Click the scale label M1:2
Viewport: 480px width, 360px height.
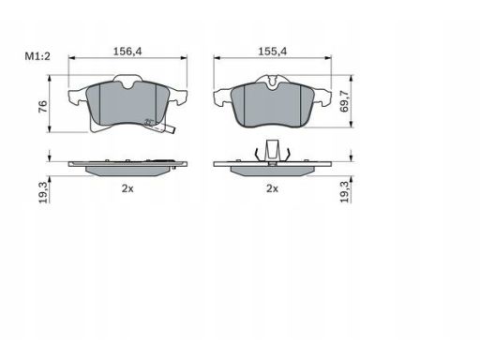37,56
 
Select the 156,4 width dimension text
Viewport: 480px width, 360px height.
127,52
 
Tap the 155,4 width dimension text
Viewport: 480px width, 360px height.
272,52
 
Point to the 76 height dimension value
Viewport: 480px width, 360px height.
43,107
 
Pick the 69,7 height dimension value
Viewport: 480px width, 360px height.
344,101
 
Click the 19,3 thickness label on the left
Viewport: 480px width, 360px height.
43,193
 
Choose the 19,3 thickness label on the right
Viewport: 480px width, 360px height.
344,192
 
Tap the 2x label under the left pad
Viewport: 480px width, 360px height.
127,188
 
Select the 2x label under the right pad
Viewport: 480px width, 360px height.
272,188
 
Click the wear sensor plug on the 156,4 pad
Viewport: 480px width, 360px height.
170,130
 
